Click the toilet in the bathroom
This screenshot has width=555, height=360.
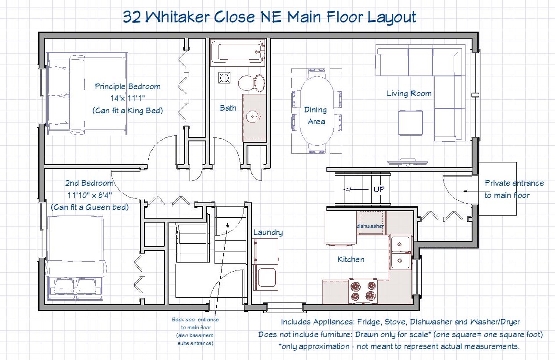click(x=252, y=83)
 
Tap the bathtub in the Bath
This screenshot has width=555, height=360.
click(x=238, y=52)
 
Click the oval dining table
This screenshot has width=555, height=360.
click(x=317, y=111)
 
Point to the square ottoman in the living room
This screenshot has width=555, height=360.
click(x=411, y=123)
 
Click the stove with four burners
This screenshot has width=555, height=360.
click(x=363, y=291)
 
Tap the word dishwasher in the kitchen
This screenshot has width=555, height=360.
click(x=370, y=226)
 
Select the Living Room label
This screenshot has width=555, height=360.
click(x=409, y=94)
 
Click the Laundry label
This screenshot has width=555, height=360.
click(x=268, y=233)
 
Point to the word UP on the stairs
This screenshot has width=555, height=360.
click(x=379, y=189)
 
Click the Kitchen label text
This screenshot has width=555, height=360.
click(x=351, y=259)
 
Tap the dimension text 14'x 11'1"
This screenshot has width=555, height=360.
click(x=128, y=98)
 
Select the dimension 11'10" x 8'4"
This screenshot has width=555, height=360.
click(x=90, y=195)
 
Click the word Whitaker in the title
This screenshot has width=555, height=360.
click(x=177, y=17)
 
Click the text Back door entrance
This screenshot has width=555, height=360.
click(x=195, y=320)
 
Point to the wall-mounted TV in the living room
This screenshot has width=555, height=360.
click(x=408, y=162)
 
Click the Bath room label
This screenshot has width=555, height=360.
click(x=228, y=108)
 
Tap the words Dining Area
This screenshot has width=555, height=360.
click(x=315, y=116)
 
